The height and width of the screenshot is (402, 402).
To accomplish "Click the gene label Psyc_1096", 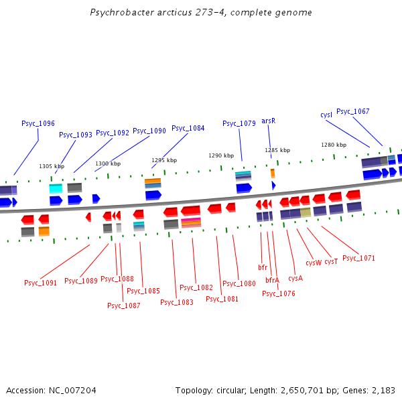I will tap(38, 123).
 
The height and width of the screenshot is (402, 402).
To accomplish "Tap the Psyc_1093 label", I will tap(76, 135).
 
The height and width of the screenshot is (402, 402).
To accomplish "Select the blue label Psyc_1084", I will tap(188, 128).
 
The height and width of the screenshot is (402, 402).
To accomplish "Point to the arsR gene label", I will tap(268, 121).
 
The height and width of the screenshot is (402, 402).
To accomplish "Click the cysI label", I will tap(326, 115).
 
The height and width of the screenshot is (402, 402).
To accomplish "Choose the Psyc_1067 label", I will tap(352, 111).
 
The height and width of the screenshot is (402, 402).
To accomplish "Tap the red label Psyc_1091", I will tap(41, 283).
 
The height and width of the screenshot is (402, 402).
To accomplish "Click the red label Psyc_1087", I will tap(124, 306).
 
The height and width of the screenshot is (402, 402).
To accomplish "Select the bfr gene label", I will tap(263, 267).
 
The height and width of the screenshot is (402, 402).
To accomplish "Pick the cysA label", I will tap(295, 277).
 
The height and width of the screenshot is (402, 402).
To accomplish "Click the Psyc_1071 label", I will tap(358, 258).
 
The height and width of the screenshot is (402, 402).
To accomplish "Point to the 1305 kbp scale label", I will tap(52, 166).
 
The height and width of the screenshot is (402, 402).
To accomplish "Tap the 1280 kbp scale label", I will tap(334, 145).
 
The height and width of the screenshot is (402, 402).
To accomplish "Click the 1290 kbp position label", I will tap(220, 155).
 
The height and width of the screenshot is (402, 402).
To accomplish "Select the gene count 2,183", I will tap(383, 390).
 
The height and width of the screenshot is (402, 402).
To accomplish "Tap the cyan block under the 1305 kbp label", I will tap(56, 189).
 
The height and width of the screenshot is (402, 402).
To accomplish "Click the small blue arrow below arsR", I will tap(273, 185).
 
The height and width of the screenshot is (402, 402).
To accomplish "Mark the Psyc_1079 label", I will tap(239, 123).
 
